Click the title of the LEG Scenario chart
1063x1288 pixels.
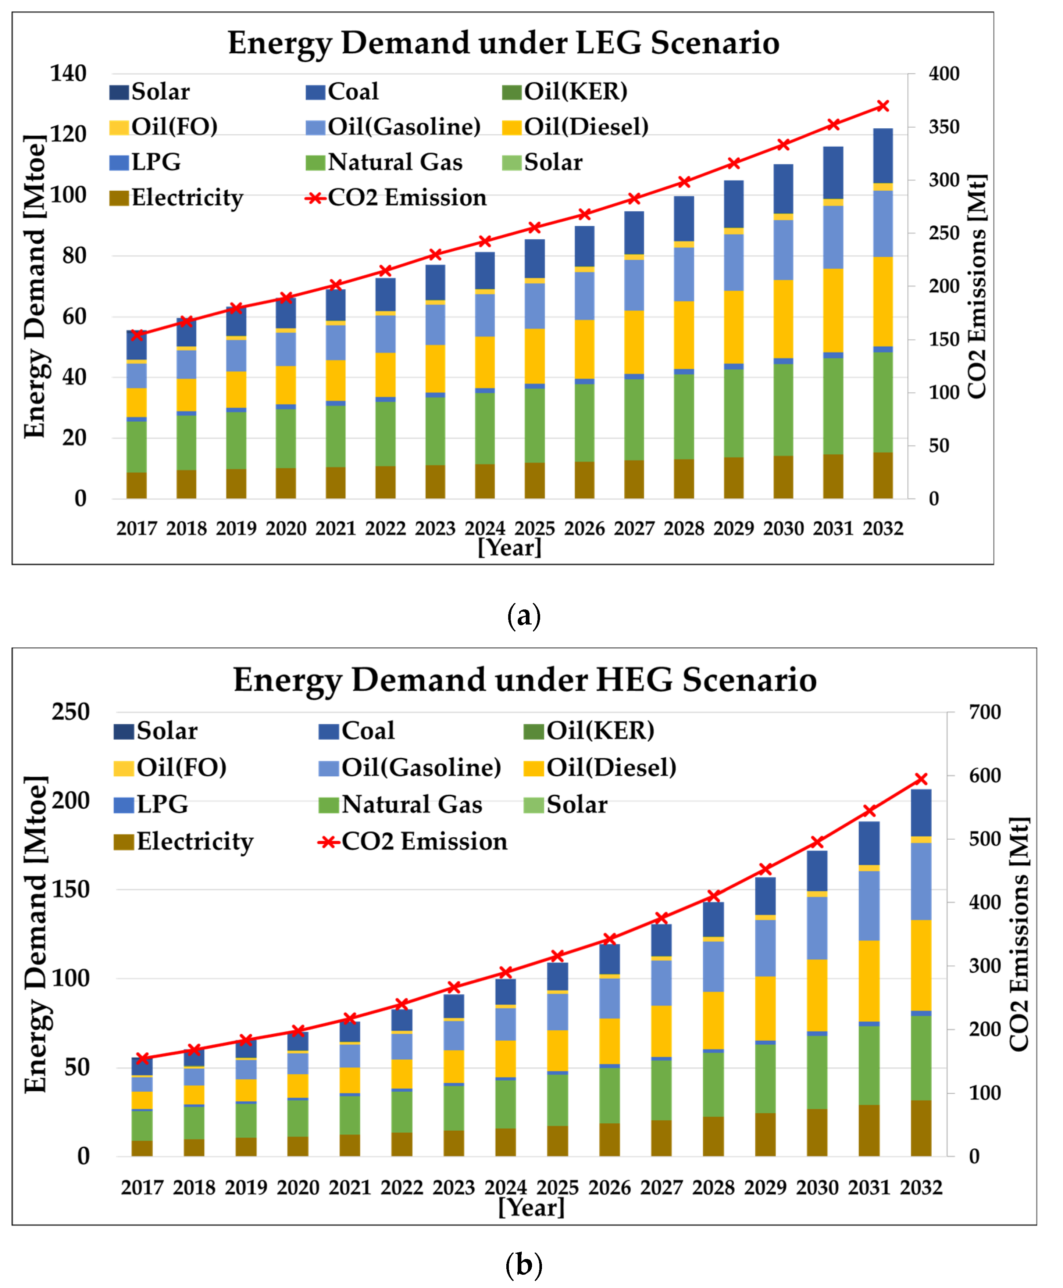503,43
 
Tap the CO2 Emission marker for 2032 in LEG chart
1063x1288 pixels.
882,106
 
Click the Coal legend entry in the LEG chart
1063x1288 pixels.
343,92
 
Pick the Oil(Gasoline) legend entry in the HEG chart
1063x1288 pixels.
410,768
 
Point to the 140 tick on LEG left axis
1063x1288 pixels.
68,74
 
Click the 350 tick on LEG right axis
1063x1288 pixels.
943,127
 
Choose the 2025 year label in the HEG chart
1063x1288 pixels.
557,1188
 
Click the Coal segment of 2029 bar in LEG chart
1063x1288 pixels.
734,204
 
